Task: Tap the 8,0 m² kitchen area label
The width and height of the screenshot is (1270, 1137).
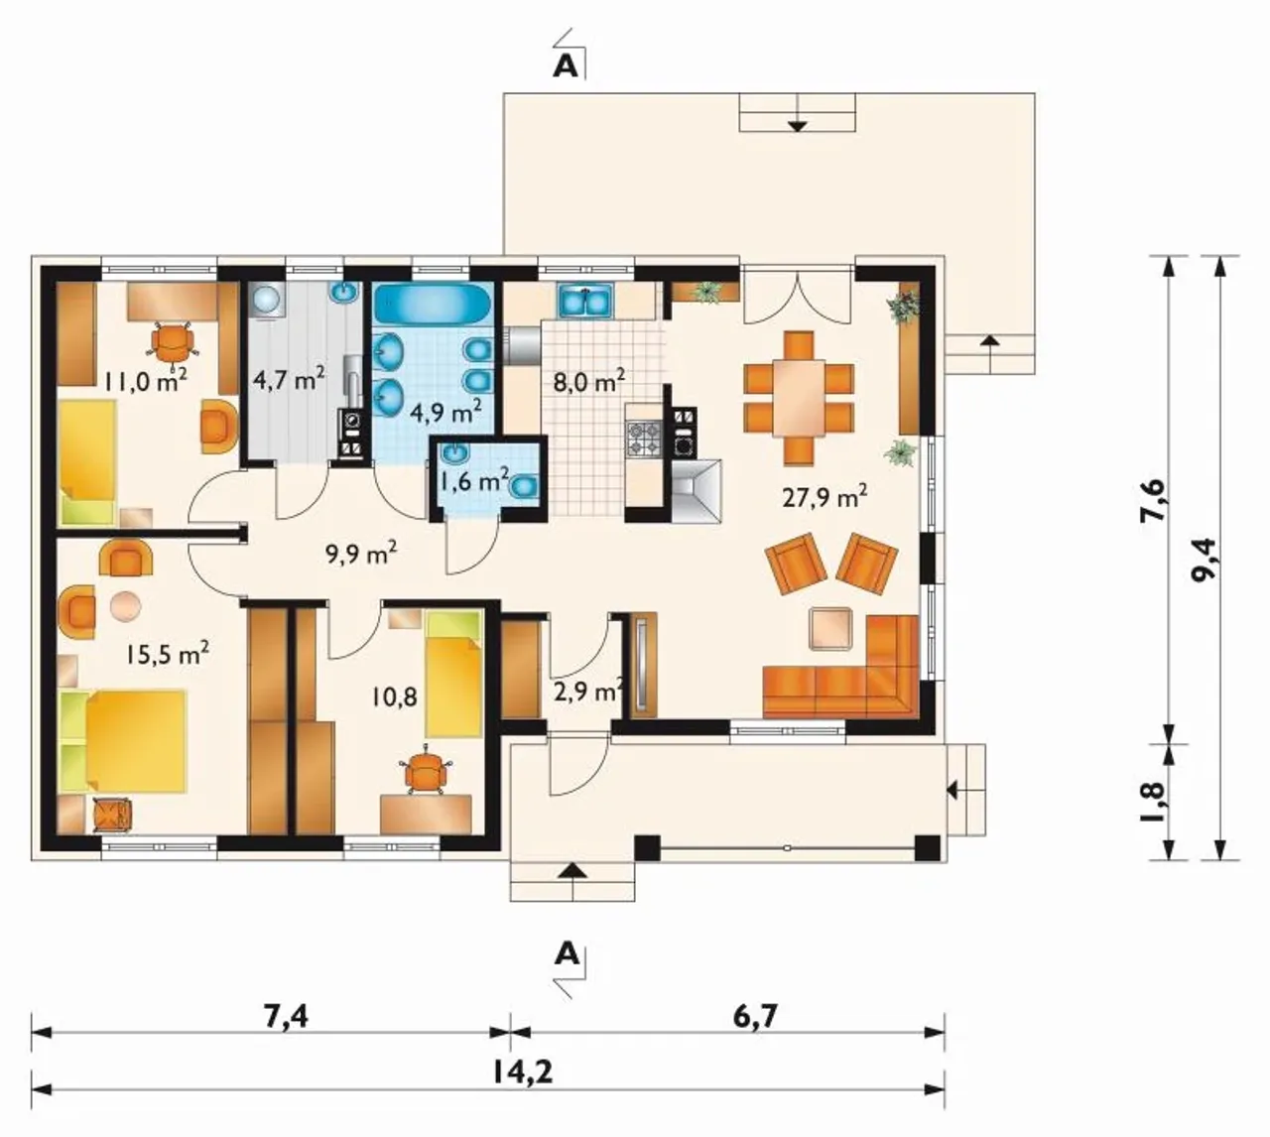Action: pyautogui.click(x=588, y=380)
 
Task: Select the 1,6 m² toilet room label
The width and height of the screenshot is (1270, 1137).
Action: pyautogui.click(x=474, y=481)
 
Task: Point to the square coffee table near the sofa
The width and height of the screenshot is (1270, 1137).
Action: pyautogui.click(x=829, y=628)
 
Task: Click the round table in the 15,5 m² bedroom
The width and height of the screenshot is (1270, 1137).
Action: pyautogui.click(x=126, y=605)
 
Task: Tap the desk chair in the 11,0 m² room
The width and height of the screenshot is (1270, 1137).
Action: pyautogui.click(x=171, y=343)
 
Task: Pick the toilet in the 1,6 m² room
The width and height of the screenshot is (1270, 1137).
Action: pyautogui.click(x=524, y=487)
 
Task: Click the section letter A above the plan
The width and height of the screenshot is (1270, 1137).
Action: pyautogui.click(x=566, y=67)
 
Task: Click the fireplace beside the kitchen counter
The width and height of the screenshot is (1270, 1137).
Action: pyautogui.click(x=698, y=491)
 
